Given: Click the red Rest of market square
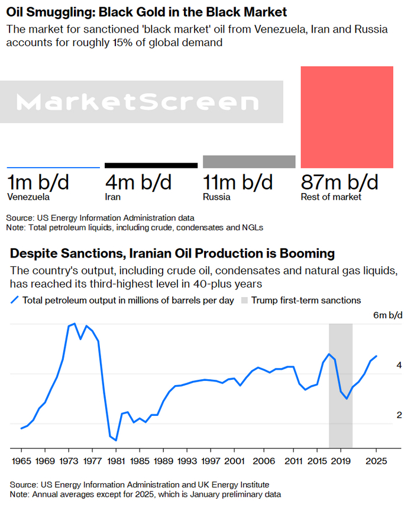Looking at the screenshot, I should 347,117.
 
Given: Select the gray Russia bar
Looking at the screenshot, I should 249,162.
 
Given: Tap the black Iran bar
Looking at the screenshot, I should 151,165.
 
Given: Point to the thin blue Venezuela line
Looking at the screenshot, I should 53,168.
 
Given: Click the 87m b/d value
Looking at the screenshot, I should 339,182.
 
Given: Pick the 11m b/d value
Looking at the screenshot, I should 238,182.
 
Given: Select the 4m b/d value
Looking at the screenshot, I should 138,182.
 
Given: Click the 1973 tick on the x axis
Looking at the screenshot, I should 69,461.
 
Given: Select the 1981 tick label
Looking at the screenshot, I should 116,461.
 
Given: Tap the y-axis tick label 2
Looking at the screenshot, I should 399,415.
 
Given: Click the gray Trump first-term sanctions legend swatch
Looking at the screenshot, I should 245,300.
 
